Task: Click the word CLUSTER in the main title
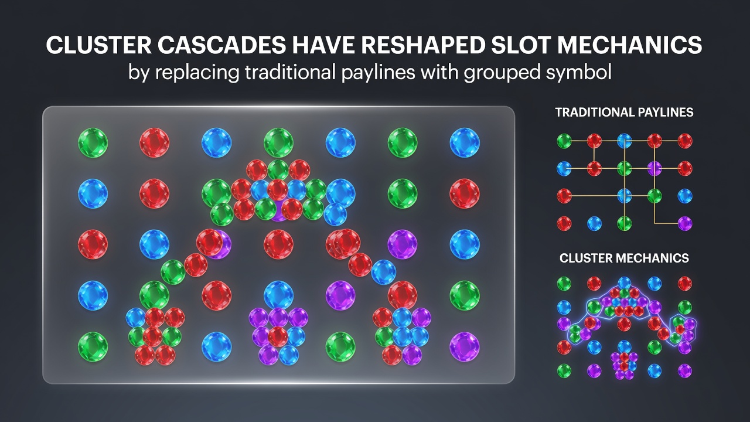tap(98, 45)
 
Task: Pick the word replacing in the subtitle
tap(197, 73)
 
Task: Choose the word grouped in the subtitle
tap(502, 73)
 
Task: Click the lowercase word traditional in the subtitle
tap(290, 72)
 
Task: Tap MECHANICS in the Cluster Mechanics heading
tap(652, 258)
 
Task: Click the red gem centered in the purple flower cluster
tap(278, 336)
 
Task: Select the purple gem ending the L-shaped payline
tap(685, 223)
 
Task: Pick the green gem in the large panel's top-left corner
tap(93, 142)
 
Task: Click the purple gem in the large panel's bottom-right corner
tap(465, 346)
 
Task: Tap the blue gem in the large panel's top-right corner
tap(465, 142)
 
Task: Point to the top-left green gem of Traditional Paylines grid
tap(564, 141)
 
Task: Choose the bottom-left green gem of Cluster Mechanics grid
tap(564, 371)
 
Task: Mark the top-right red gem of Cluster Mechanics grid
tap(685, 283)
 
